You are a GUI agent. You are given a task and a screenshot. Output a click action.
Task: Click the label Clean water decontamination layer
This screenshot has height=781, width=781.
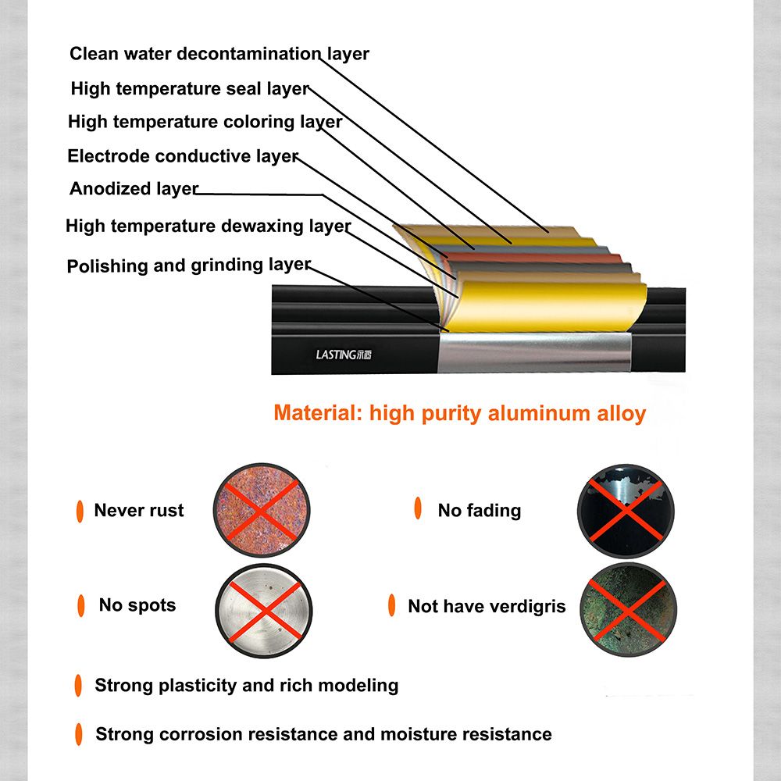[x=219, y=54]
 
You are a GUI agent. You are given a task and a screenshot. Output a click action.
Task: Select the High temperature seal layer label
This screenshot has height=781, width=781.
[x=191, y=89]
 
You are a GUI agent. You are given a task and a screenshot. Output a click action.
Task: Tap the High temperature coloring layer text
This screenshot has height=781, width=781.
[x=205, y=122]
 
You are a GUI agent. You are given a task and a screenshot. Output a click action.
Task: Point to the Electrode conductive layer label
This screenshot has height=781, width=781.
[x=183, y=156]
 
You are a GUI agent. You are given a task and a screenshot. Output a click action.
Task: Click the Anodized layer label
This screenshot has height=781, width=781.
[x=134, y=189]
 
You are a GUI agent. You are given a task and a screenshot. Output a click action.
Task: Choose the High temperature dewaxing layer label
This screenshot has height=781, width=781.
[x=209, y=226]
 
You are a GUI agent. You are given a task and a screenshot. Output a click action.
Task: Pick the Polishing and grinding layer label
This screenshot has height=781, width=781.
[x=189, y=265]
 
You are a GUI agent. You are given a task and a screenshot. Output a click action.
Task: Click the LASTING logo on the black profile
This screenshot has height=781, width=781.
[x=344, y=355]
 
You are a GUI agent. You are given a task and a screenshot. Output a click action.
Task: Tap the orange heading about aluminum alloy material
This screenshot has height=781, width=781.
[x=460, y=413]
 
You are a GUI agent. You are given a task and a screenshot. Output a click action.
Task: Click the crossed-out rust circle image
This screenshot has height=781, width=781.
[x=262, y=510]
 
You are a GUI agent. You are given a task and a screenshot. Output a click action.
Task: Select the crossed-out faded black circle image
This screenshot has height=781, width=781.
[x=626, y=511]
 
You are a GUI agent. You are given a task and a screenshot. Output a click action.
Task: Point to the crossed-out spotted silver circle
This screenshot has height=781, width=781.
[x=263, y=611]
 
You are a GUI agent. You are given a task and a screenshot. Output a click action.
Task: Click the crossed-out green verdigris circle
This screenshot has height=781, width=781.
[x=628, y=610]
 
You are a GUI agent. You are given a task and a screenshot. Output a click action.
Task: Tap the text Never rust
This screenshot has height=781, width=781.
[x=139, y=510]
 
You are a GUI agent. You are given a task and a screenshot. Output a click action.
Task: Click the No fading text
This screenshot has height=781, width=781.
[x=480, y=510]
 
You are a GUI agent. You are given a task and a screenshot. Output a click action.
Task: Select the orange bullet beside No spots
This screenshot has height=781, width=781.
[x=80, y=606]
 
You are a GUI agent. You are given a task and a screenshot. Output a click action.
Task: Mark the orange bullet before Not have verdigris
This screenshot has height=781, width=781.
[x=391, y=605]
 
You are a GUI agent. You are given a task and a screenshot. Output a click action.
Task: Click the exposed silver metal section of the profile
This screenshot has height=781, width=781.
[x=534, y=353]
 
